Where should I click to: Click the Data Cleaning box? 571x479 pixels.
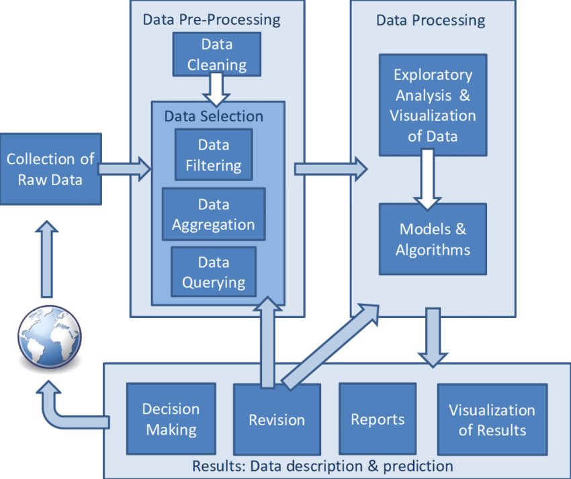pos(216,54)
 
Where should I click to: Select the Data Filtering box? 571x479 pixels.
pos(214,154)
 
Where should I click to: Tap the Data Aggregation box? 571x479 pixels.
pos(214,214)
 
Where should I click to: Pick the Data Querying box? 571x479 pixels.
pos(214,272)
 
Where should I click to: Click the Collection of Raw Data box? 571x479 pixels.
pos(50,169)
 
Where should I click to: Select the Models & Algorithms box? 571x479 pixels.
pos(433,239)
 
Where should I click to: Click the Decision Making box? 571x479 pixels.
pos(171,419)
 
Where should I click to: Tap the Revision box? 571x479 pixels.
pos(277,420)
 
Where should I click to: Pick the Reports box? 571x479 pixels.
pos(378,420)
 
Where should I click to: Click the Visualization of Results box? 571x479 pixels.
pos(492,420)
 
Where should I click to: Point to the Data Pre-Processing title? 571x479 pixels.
pos(212,19)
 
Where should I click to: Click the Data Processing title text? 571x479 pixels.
pos(430,19)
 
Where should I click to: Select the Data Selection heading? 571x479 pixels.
pos(214,116)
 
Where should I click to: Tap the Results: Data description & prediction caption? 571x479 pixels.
pos(322,465)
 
